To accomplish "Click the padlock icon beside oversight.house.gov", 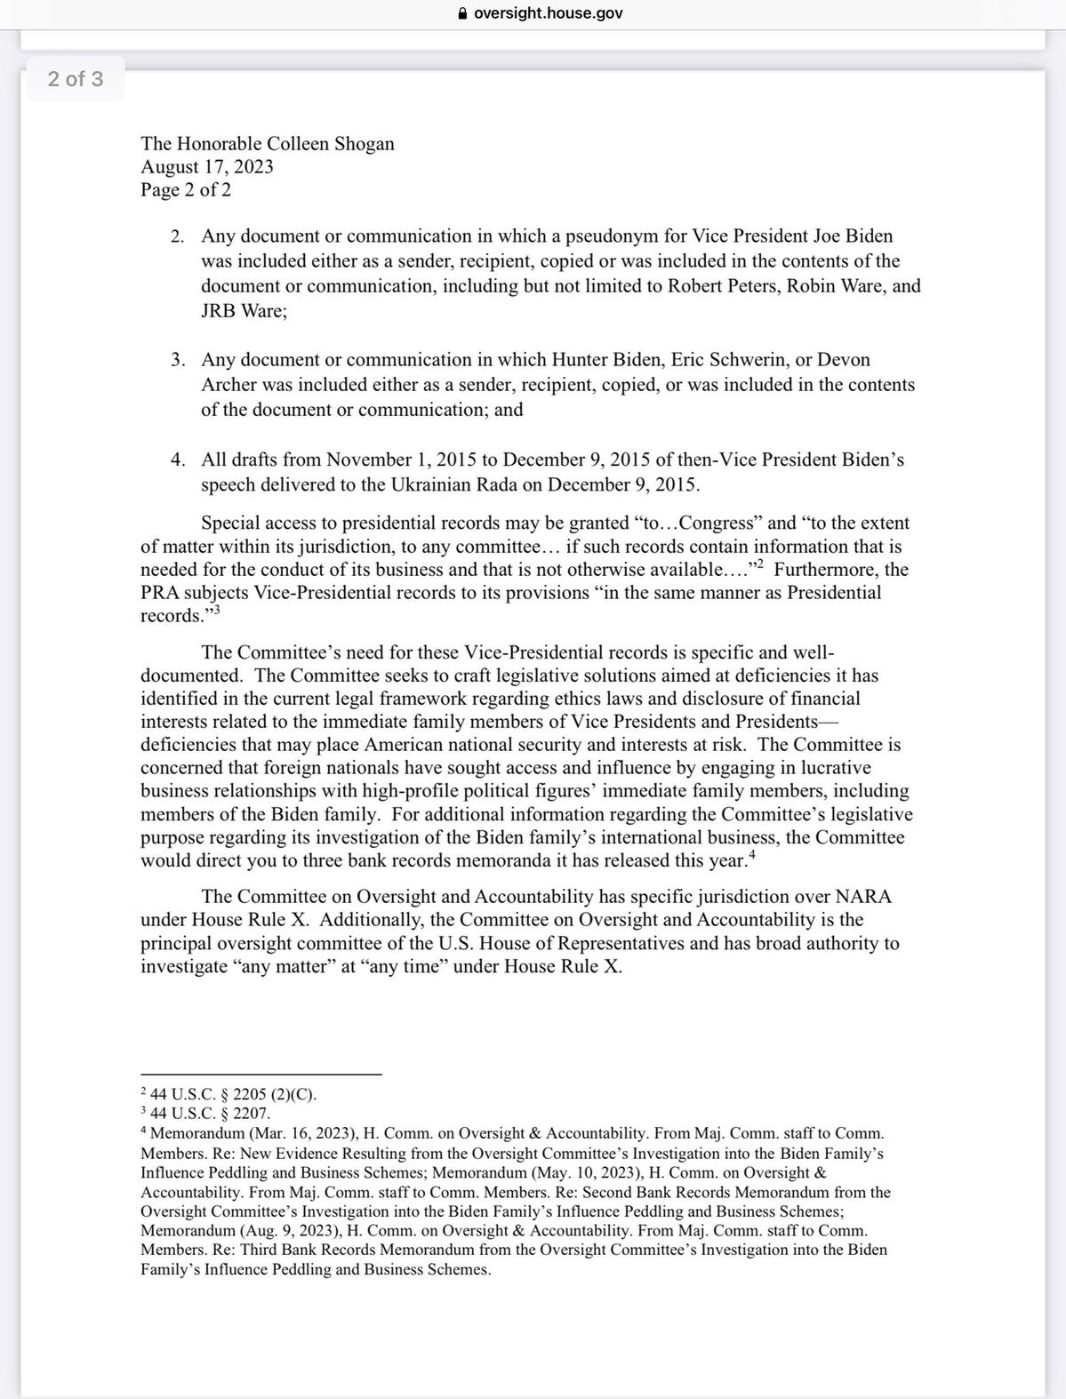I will point(461,13).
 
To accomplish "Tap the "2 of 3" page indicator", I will point(76,79).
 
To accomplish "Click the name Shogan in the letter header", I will point(364,144).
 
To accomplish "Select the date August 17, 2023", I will point(207,167).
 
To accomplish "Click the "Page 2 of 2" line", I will point(186,190).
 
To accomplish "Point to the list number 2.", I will point(178,236).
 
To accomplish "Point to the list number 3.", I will point(178,360).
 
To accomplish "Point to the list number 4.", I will point(178,460).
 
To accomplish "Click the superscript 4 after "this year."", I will point(752,856).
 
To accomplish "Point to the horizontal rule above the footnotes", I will point(260,1074).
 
